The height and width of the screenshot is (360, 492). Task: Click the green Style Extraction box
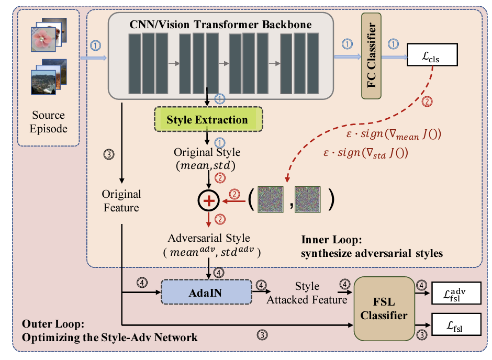tap(207, 120)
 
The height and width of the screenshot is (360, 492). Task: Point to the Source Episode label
tap(48, 121)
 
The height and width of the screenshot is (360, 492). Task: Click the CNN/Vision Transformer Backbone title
tap(220, 24)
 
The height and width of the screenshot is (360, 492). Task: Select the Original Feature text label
tap(121, 201)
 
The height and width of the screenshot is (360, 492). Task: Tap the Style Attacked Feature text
tap(307, 292)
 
